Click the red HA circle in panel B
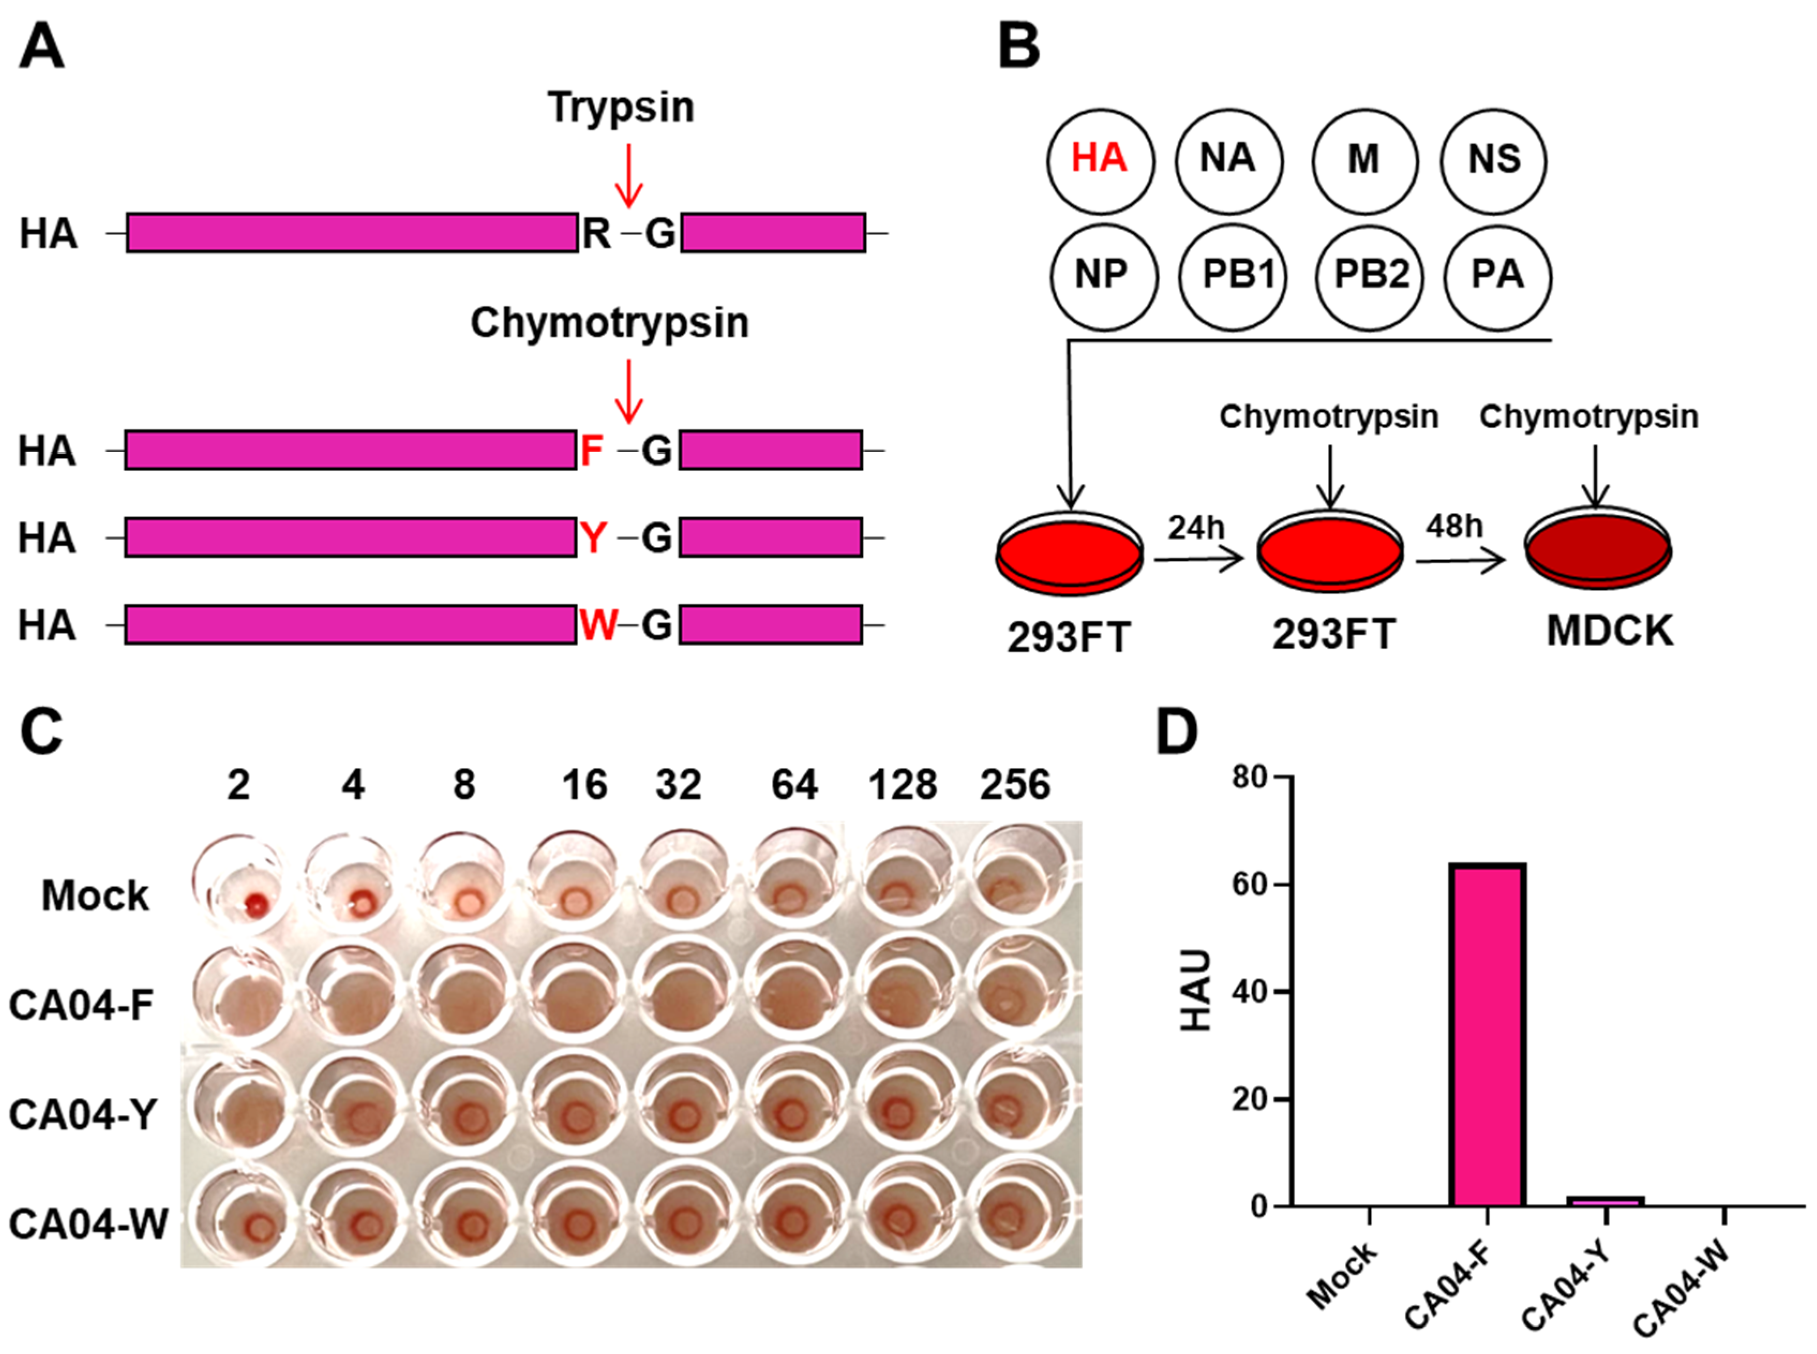pos(1100,160)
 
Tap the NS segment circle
pos(1493,160)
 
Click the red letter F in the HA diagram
pos(591,450)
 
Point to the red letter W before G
pos(598,625)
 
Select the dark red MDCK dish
pos(1597,551)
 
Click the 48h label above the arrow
pos(1454,526)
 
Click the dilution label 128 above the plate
pos(903,785)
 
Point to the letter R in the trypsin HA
pos(596,234)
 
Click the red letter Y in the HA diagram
pos(593,537)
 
